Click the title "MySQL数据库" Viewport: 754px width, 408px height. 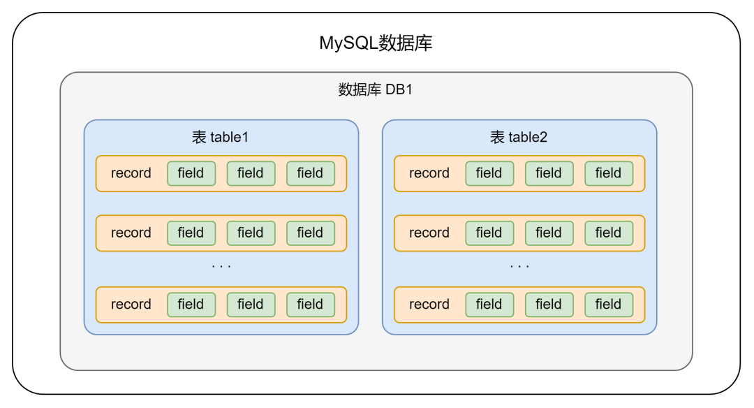click(x=376, y=43)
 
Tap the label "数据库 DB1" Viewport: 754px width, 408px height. click(x=376, y=90)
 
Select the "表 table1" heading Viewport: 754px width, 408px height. click(x=221, y=138)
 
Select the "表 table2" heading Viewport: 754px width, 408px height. click(x=519, y=138)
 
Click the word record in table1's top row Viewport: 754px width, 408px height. click(x=131, y=173)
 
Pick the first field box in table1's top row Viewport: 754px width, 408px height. click(x=191, y=173)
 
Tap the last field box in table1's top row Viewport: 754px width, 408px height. click(x=310, y=173)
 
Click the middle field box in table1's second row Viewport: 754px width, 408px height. click(x=251, y=233)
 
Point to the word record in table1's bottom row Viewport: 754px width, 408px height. click(x=131, y=304)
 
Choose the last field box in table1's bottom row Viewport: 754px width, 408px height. click(x=310, y=304)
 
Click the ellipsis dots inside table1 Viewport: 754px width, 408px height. click(x=221, y=267)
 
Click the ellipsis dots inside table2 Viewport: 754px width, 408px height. click(x=519, y=267)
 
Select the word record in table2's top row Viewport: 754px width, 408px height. click(x=429, y=173)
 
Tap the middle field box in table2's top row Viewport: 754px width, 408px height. click(x=549, y=173)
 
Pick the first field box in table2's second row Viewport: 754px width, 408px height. click(x=489, y=233)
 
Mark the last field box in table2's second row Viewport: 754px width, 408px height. click(x=609, y=233)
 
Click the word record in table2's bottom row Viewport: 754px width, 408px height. click(x=429, y=304)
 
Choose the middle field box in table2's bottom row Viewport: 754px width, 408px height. click(x=549, y=304)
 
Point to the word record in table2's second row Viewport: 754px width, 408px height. click(x=429, y=233)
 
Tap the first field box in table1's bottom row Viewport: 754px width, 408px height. click(x=191, y=304)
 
